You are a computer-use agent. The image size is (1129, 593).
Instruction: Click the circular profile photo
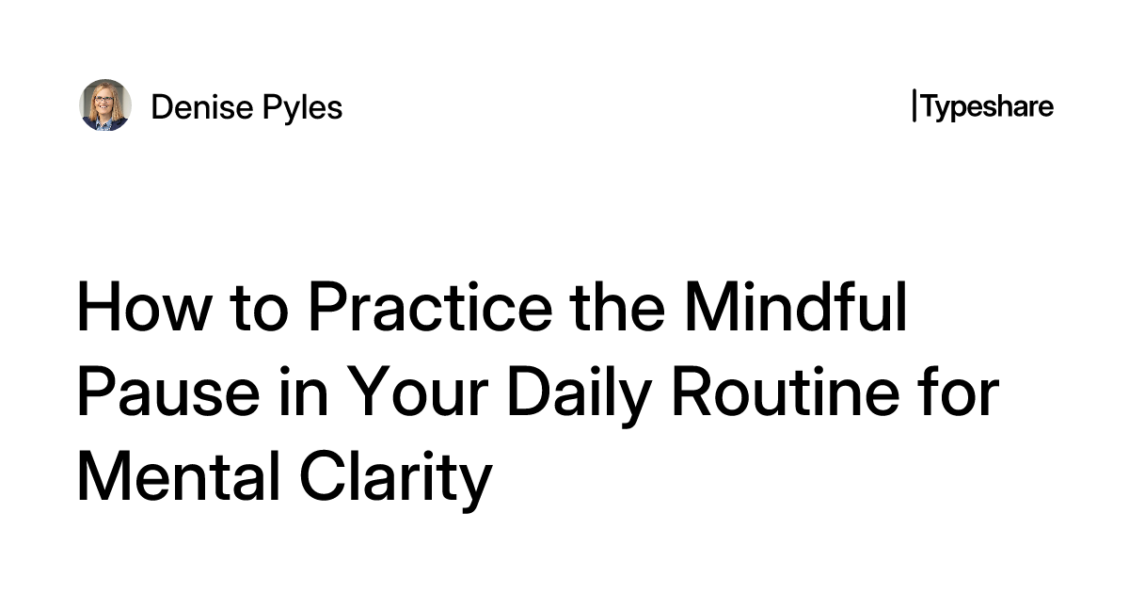[x=104, y=105]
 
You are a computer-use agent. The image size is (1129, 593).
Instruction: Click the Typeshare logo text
[x=987, y=106]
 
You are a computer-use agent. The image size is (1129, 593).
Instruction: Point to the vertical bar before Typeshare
[x=914, y=106]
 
